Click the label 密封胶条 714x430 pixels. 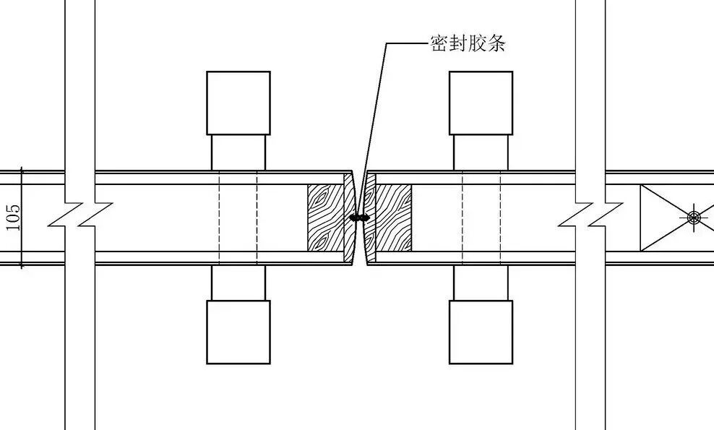click(x=468, y=44)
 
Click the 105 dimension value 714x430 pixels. click(x=13, y=218)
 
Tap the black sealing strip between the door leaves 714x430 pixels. click(x=359, y=217)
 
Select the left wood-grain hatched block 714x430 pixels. click(x=327, y=218)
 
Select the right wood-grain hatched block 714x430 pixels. click(x=391, y=218)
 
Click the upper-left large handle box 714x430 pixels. click(x=238, y=103)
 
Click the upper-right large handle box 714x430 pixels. click(x=481, y=103)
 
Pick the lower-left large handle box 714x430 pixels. click(x=238, y=332)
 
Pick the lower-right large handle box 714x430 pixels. click(x=481, y=332)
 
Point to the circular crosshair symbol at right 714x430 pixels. click(x=694, y=217)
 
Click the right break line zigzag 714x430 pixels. click(x=590, y=215)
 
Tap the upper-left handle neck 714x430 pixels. click(x=238, y=152)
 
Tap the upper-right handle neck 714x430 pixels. click(x=481, y=152)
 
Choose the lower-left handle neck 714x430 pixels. click(x=238, y=283)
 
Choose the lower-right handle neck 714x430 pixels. click(x=481, y=283)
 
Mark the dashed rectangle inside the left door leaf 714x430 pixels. click(x=238, y=218)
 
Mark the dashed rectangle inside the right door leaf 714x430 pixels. click(x=481, y=218)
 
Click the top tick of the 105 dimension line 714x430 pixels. click(x=22, y=170)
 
